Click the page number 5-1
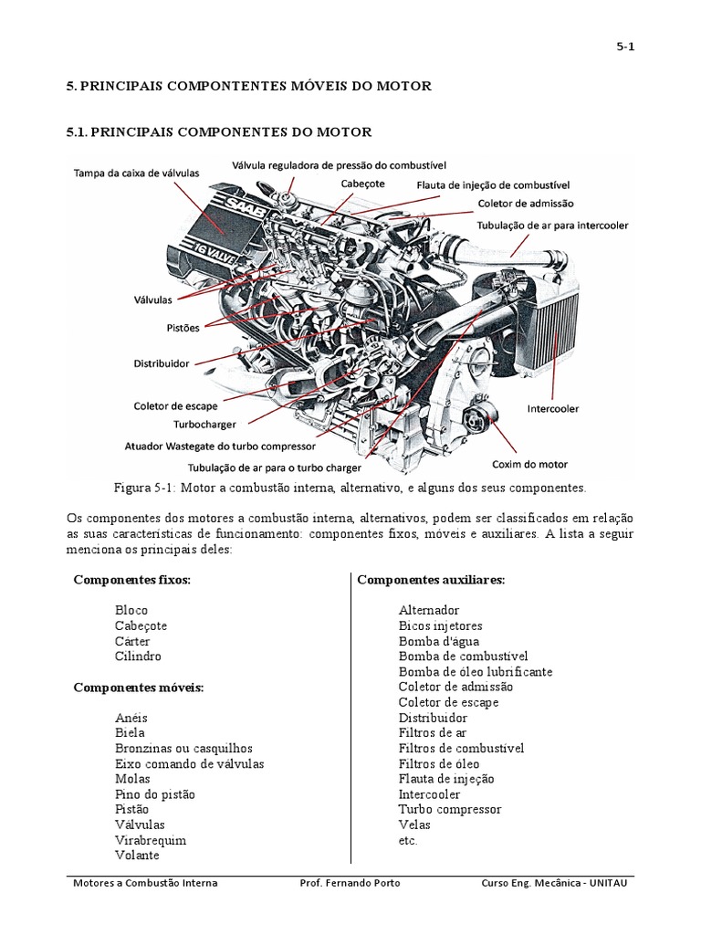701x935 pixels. [624, 48]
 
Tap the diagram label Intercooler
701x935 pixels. [553, 409]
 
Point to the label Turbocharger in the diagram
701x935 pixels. [205, 425]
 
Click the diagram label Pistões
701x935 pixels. [183, 326]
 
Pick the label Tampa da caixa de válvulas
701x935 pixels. [131, 173]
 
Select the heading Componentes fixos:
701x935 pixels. [131, 580]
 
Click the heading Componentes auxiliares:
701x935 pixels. [431, 580]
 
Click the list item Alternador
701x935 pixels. [429, 610]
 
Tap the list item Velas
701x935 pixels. [414, 825]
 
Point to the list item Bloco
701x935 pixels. [131, 610]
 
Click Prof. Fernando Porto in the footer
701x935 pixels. [350, 883]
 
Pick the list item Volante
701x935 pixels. [137, 856]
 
